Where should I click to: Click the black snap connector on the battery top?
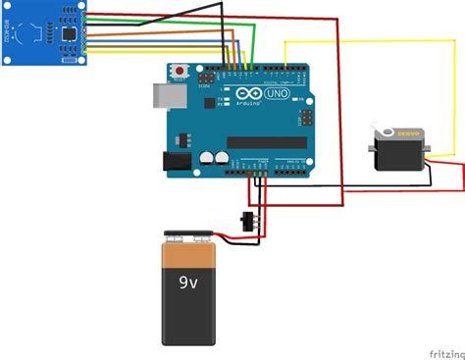189,235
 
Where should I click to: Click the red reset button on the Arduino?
181,72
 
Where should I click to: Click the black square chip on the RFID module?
70,34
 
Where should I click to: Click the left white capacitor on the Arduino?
207,156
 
